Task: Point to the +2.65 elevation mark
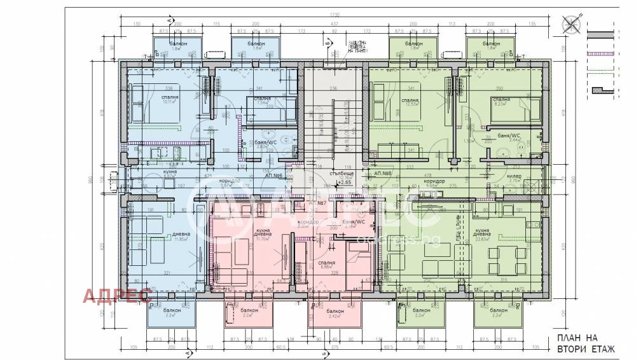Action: [x=345, y=183]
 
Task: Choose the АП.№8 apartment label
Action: [x=383, y=174]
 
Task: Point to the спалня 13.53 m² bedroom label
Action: [x=410, y=102]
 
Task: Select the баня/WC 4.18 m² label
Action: [x=351, y=223]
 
